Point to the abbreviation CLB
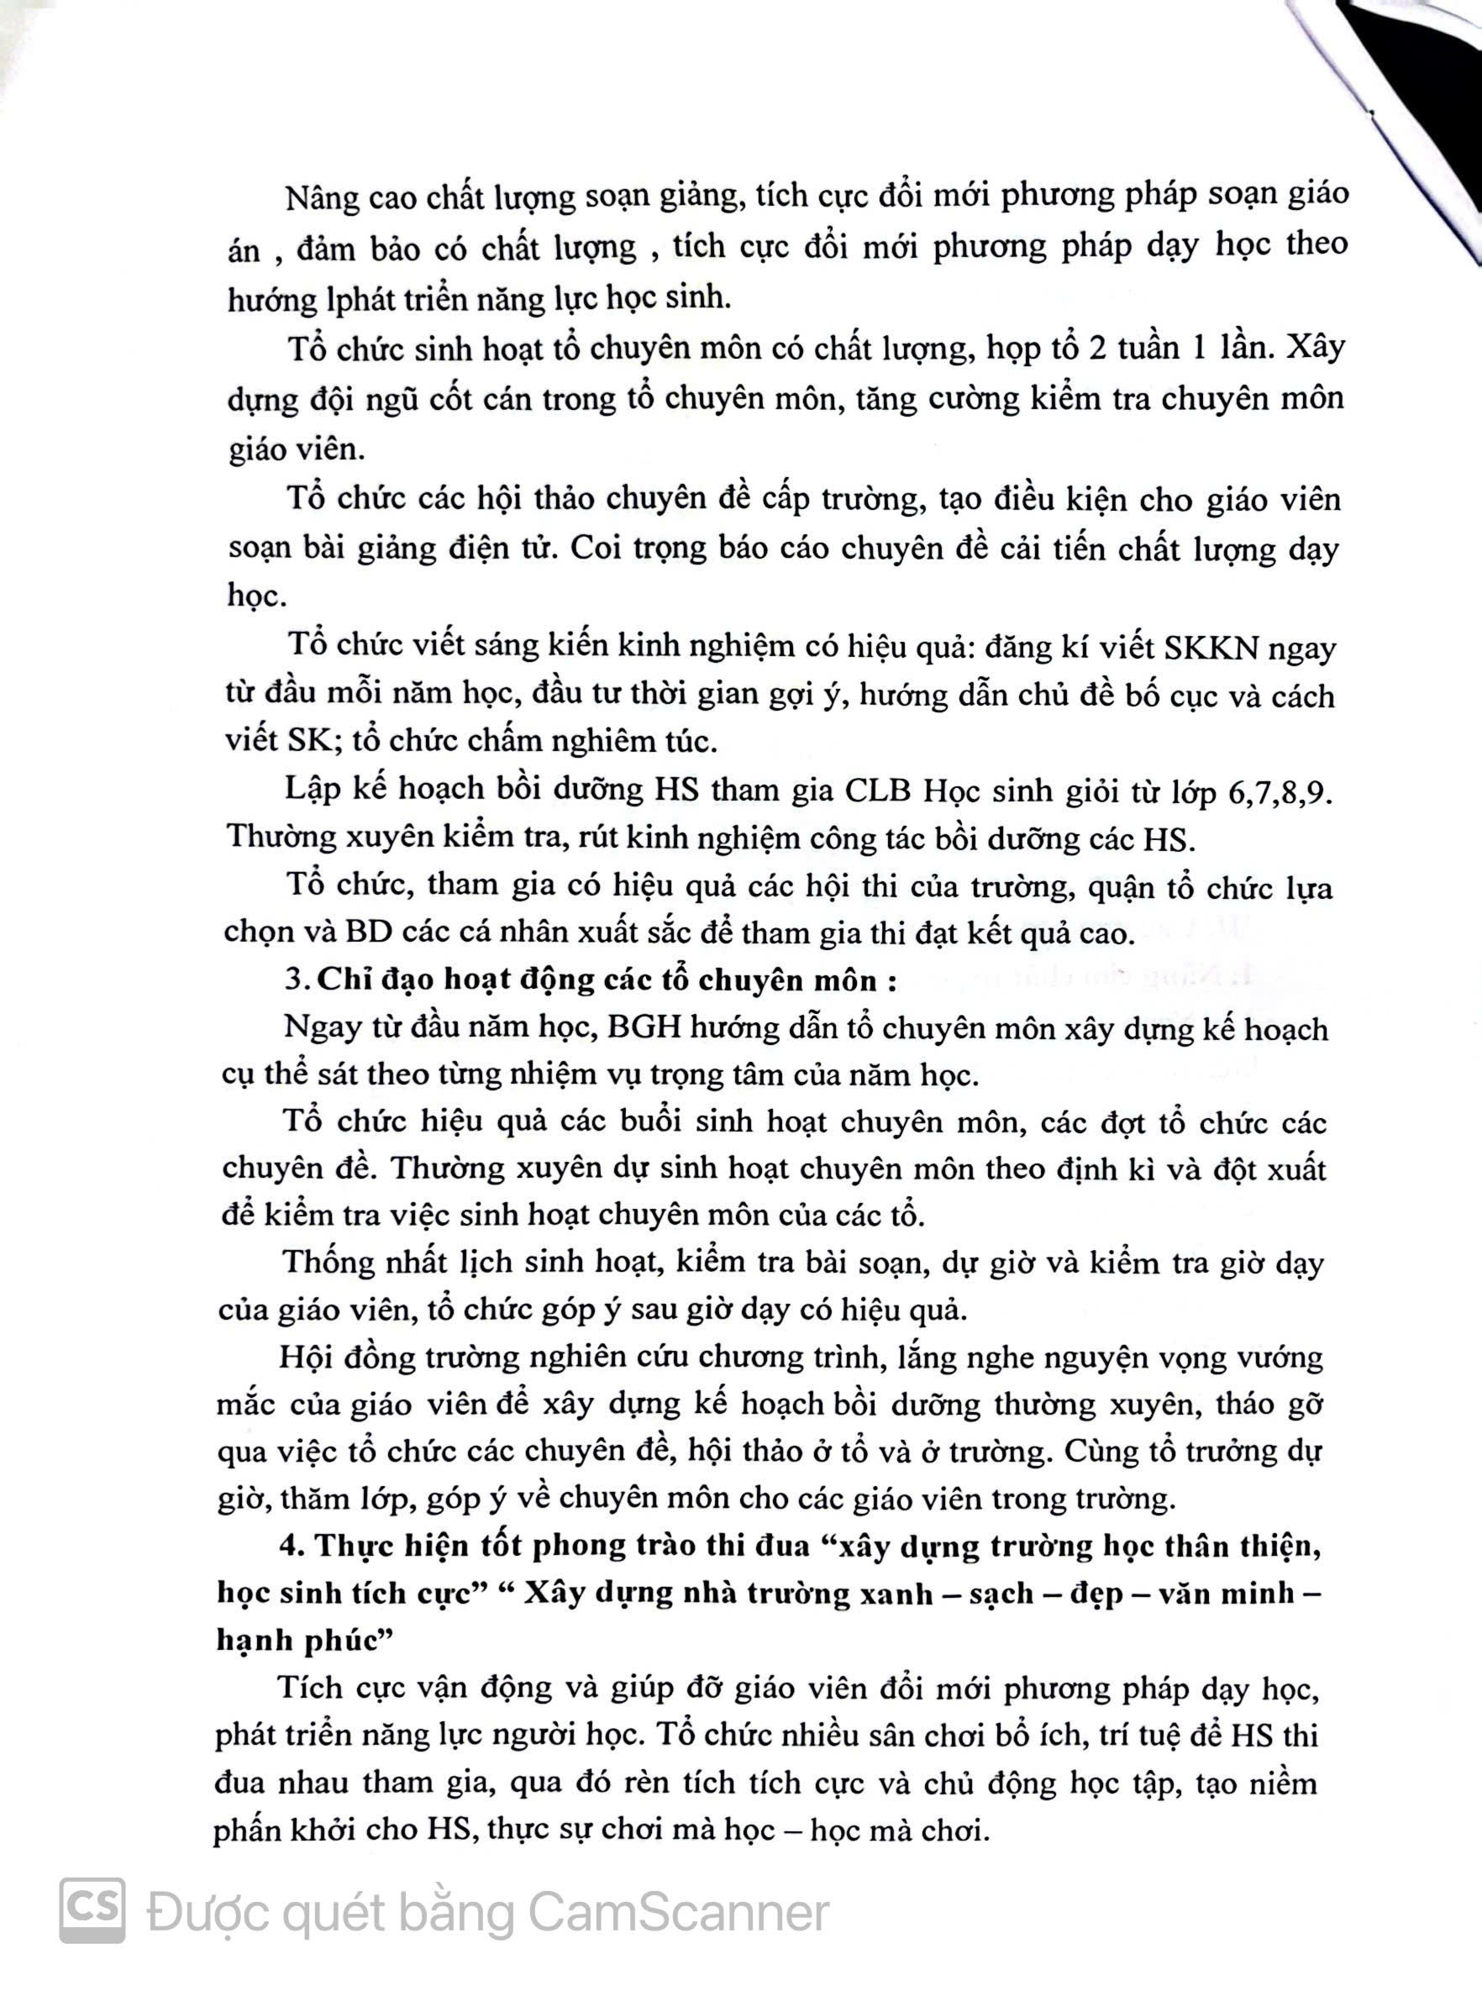coord(878,791)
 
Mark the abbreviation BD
coord(370,933)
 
